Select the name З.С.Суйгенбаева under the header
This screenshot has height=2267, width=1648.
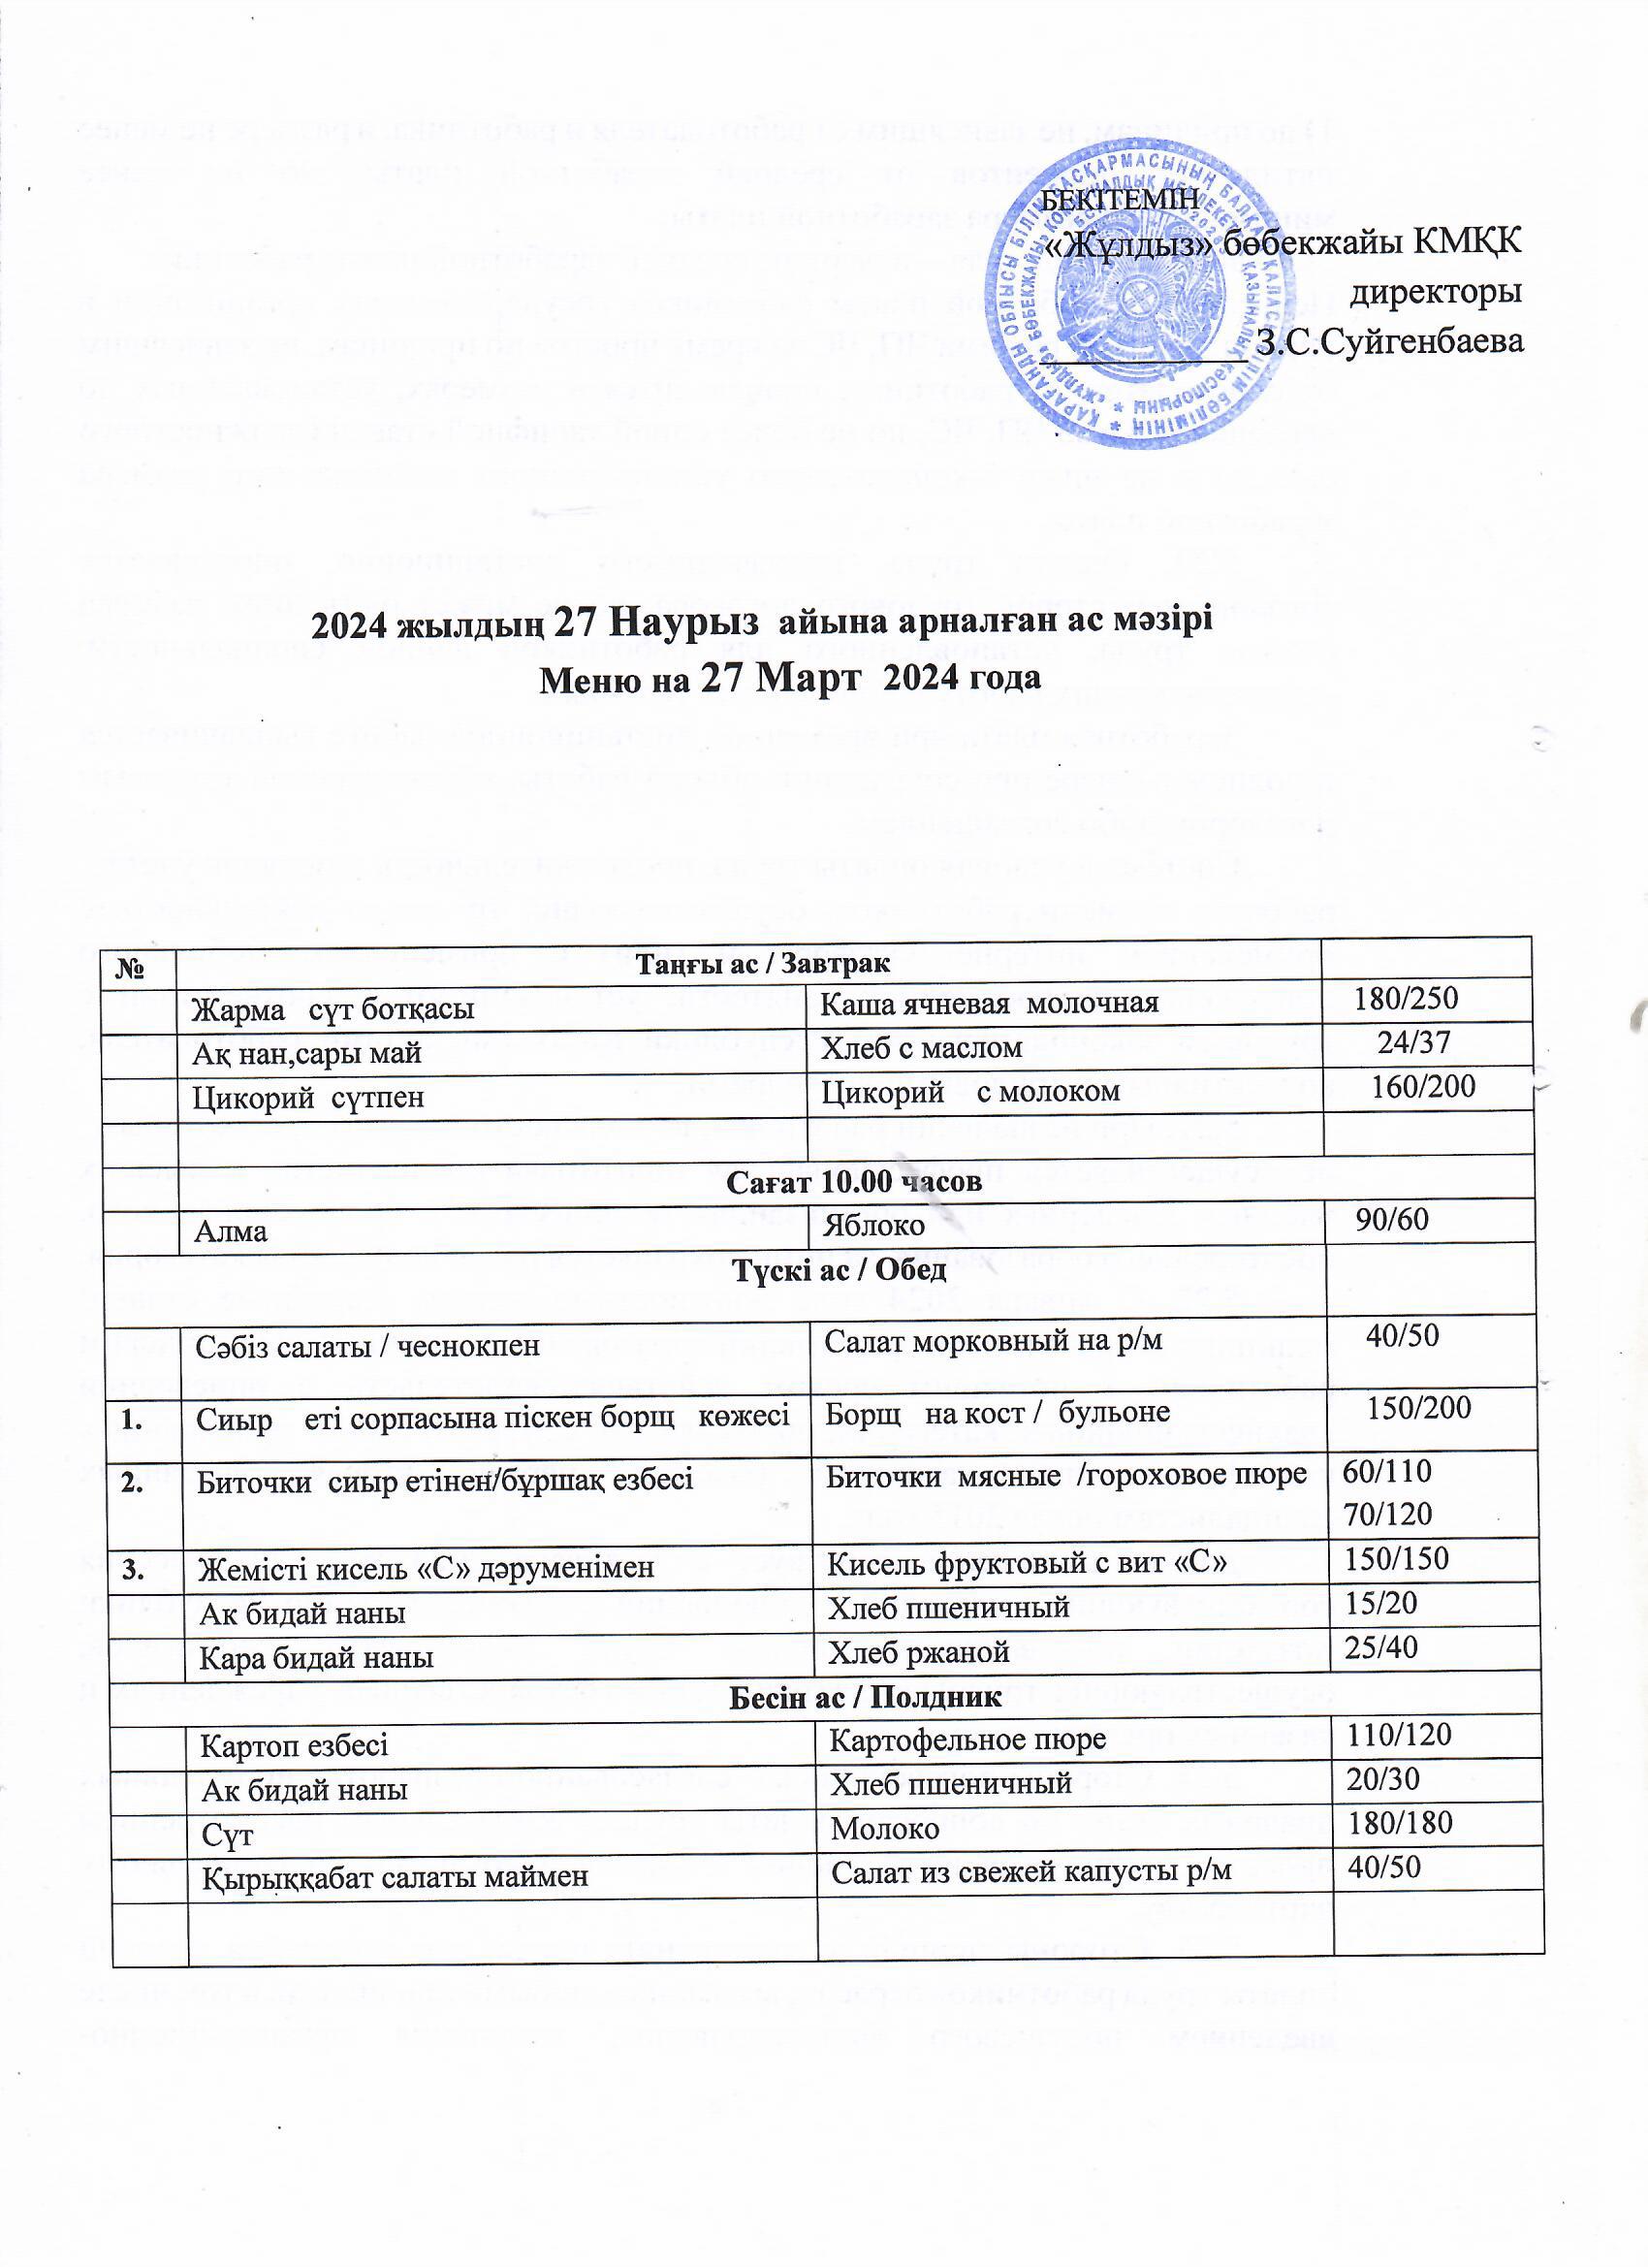point(1390,342)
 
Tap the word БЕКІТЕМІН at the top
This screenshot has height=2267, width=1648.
point(1120,199)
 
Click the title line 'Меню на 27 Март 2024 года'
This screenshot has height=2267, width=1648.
point(789,677)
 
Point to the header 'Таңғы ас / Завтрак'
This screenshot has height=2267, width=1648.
point(764,963)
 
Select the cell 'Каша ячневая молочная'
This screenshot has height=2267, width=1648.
point(989,1003)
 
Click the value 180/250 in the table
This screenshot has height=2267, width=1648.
point(1405,998)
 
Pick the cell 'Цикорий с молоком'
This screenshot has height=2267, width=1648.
point(969,1093)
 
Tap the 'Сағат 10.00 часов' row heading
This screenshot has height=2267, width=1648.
point(853,1180)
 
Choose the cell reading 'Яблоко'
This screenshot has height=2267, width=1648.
point(872,1226)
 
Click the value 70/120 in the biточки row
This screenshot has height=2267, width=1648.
point(1387,1514)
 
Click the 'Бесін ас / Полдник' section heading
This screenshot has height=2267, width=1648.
point(865,1696)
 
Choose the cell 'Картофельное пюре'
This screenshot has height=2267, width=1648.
point(967,1740)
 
